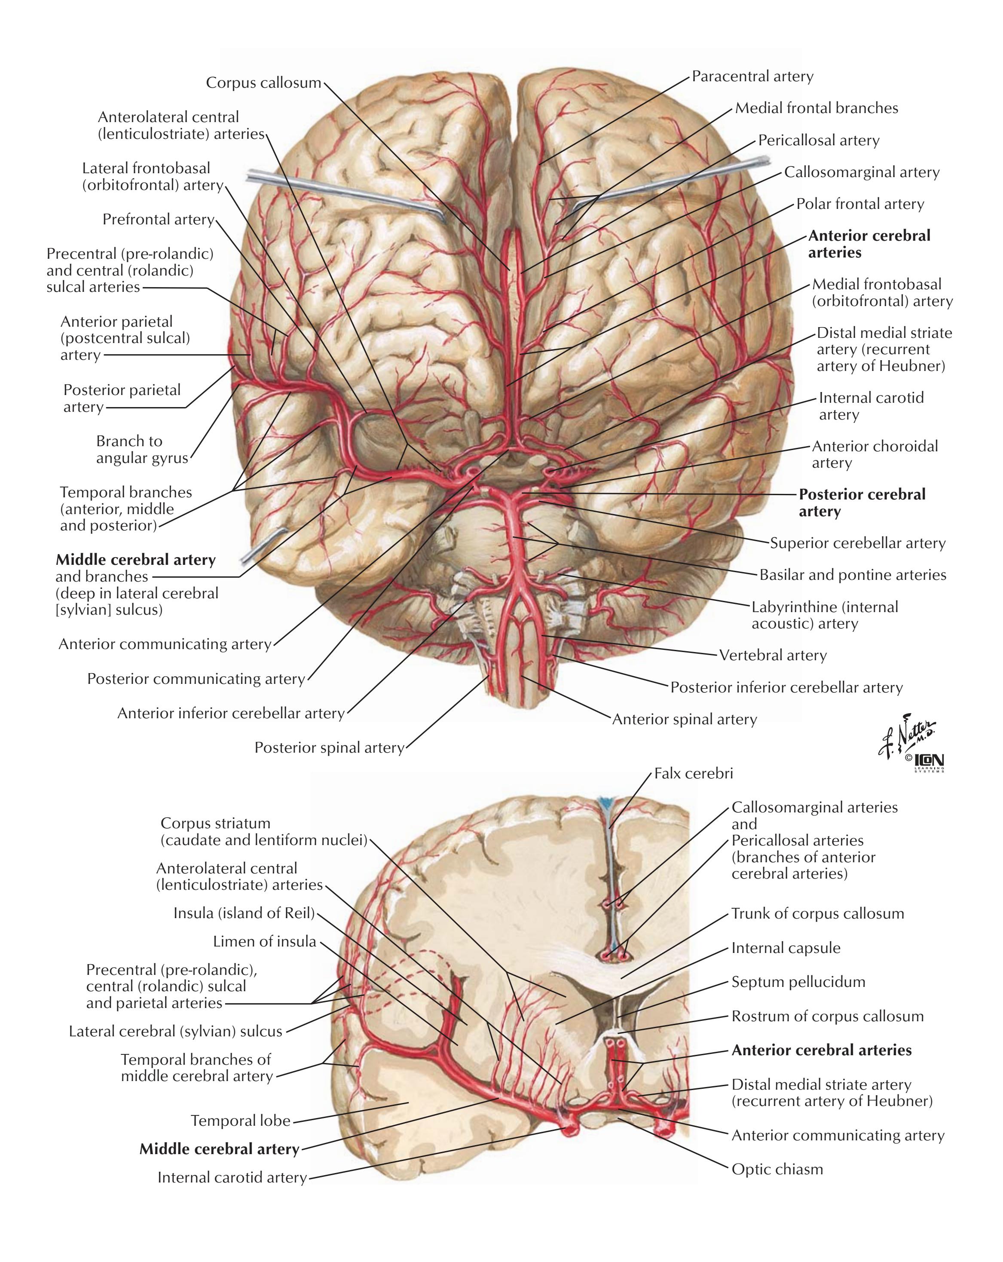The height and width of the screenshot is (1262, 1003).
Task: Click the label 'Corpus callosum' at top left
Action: [263, 83]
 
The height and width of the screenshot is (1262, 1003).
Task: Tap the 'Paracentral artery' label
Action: [752, 77]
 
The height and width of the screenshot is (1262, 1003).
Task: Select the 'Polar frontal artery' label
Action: [860, 204]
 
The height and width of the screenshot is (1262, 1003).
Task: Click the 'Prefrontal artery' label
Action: [159, 220]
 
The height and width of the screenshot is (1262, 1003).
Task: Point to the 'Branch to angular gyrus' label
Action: [142, 450]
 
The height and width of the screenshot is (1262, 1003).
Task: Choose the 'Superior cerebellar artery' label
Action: [857, 543]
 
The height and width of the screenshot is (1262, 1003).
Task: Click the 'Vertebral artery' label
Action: [773, 655]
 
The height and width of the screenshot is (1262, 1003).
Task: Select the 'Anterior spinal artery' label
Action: [685, 720]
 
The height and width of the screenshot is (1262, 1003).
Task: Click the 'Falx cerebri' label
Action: [694, 774]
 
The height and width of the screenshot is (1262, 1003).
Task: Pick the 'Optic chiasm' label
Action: [777, 1170]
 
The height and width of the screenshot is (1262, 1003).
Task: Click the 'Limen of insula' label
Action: [265, 942]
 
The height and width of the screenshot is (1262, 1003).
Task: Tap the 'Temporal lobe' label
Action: [241, 1121]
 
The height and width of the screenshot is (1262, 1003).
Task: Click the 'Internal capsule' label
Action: [786, 948]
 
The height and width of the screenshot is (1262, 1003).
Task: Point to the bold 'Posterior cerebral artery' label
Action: [862, 503]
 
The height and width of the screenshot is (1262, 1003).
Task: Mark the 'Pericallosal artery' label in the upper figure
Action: [819, 141]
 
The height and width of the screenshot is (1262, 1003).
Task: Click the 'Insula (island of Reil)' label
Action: [244, 914]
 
